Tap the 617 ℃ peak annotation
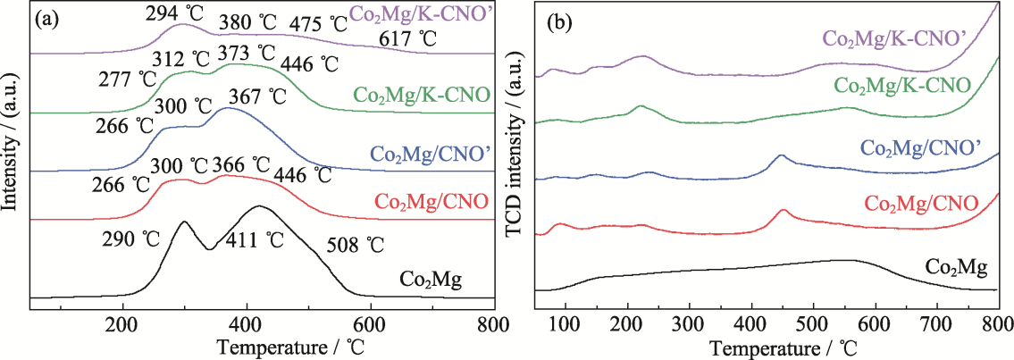click(406, 38)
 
